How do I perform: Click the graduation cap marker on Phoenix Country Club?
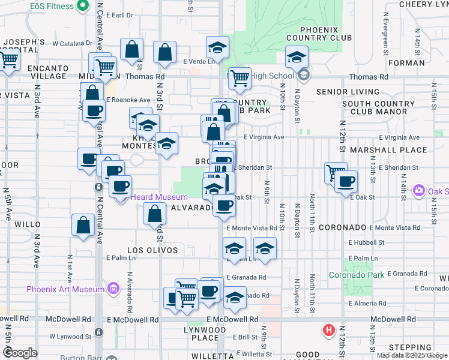pyautogui.click(x=296, y=58)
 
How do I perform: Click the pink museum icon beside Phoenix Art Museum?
pyautogui.click(x=112, y=290)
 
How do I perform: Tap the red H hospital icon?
pyautogui.click(x=328, y=330)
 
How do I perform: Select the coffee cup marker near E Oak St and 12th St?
pyautogui.click(x=345, y=182)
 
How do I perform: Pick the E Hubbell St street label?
pyautogui.click(x=366, y=243)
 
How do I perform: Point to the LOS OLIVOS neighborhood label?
pyautogui.click(x=152, y=250)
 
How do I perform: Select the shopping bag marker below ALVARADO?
pyautogui.click(x=155, y=214)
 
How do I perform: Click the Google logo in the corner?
pyautogui.click(x=20, y=353)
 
